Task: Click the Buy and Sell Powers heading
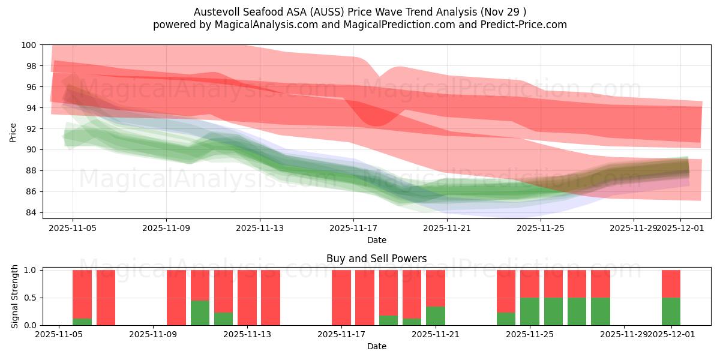pyautogui.click(x=376, y=259)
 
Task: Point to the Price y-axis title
pyautogui.click(x=13, y=131)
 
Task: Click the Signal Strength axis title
pyautogui.click(x=15, y=297)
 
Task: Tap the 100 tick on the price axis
pyautogui.click(x=29, y=45)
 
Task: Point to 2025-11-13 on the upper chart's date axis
pyautogui.click(x=260, y=228)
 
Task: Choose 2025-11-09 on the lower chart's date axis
pyautogui.click(x=154, y=335)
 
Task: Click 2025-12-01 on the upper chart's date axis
pyautogui.click(x=680, y=228)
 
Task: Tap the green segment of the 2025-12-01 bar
pyautogui.click(x=671, y=311)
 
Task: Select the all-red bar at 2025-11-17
pyautogui.click(x=341, y=298)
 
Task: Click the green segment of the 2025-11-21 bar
pyautogui.click(x=436, y=316)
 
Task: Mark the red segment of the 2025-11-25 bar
pyautogui.click(x=530, y=284)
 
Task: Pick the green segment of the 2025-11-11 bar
pyautogui.click(x=200, y=313)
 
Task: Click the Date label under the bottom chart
pyautogui.click(x=376, y=346)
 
